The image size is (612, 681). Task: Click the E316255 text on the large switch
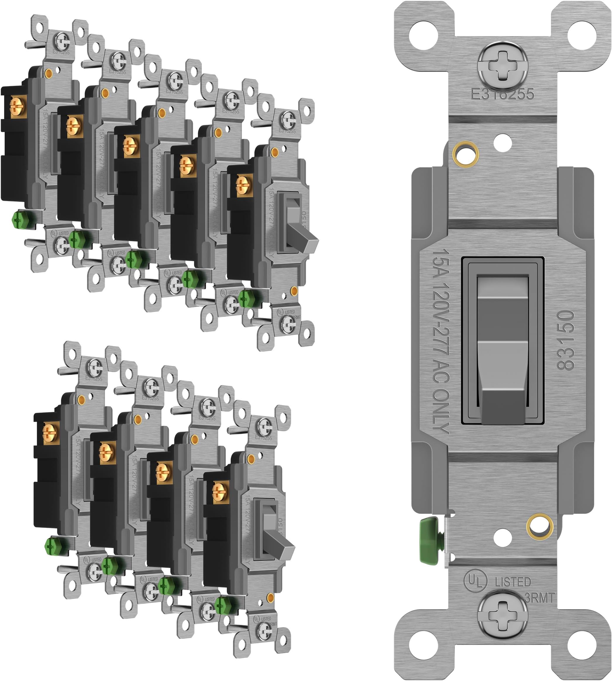click(x=502, y=94)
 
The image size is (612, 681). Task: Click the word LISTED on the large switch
click(x=513, y=582)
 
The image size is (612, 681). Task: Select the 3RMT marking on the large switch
click(x=539, y=598)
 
